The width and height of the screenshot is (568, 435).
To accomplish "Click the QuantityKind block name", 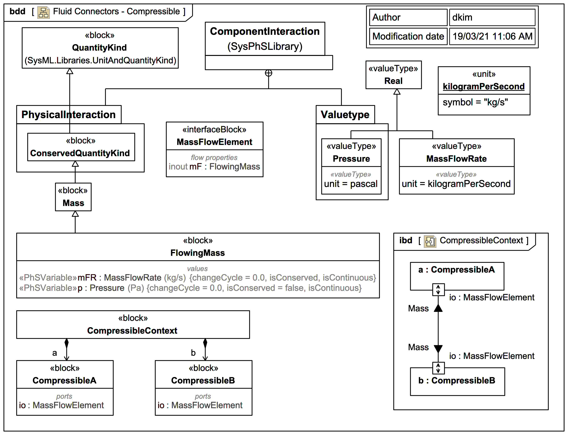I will click(99, 48).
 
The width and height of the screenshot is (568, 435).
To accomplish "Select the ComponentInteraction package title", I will click(265, 31).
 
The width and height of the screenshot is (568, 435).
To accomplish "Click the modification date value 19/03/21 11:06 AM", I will click(492, 36).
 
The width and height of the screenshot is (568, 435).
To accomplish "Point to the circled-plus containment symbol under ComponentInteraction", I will click(269, 73).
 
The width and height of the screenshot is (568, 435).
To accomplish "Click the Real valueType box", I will click(393, 75).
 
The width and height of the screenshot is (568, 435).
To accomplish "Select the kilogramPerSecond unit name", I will click(483, 87).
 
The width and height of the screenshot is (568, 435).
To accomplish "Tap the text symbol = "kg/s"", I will click(475, 102).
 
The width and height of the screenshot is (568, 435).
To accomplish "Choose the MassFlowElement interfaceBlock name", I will click(214, 142).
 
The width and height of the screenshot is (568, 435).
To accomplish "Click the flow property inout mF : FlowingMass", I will click(214, 166).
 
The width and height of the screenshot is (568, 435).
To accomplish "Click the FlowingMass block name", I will click(198, 253).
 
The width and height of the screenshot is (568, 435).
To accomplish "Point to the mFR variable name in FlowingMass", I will click(87, 278).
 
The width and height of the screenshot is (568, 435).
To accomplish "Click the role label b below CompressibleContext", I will click(193, 353).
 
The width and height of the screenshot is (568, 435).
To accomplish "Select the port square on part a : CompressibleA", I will click(438, 289).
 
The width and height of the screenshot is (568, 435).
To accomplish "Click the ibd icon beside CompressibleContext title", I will click(430, 241).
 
